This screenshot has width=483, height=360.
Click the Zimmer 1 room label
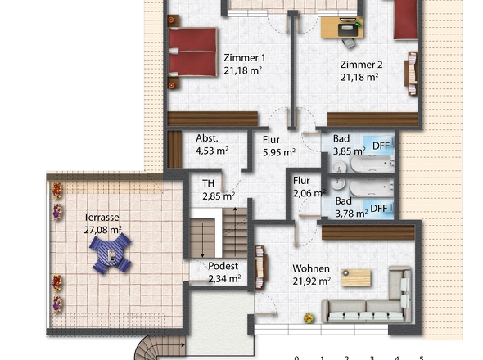[244, 58]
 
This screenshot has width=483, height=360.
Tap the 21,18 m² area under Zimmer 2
[359, 78]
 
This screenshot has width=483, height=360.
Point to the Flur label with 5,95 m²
[270, 139]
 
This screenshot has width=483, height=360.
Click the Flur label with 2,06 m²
[301, 181]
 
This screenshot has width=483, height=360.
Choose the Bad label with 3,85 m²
[344, 139]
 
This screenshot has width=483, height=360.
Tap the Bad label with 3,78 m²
[344, 200]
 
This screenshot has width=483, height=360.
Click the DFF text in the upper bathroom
[381, 146]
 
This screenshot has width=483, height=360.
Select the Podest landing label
[223, 267]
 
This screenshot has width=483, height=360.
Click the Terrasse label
[102, 218]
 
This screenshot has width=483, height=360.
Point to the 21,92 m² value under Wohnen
[312, 281]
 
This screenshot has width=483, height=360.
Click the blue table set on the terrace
[110, 256]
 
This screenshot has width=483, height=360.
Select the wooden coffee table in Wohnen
[356, 277]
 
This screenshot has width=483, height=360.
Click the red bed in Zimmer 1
[193, 52]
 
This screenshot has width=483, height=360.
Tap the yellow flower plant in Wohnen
[309, 317]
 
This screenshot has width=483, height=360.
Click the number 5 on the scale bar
[421, 358]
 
